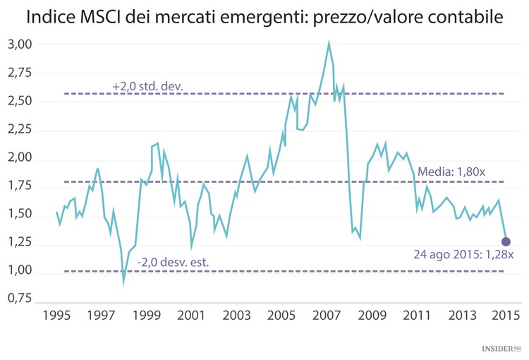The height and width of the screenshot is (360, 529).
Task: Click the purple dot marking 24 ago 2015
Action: (x=506, y=242)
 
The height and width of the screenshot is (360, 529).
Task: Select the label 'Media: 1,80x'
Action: (x=451, y=172)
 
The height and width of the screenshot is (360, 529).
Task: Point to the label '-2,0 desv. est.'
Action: (x=173, y=262)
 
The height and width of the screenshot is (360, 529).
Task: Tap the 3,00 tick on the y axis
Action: (x=20, y=44)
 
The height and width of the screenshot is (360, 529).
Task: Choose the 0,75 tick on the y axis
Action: (x=20, y=299)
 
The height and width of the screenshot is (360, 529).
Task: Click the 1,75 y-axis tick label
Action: (x=20, y=186)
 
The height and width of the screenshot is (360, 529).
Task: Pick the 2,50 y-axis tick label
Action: (x=20, y=101)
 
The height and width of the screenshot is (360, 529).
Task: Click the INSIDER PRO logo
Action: (x=501, y=348)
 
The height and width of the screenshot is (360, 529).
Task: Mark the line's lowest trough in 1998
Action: (x=124, y=283)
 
